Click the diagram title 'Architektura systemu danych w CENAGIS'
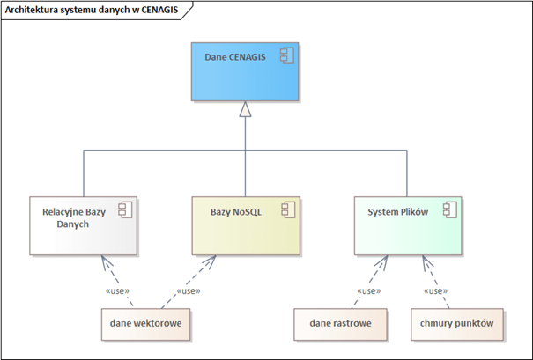point(92,10)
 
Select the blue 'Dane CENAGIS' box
point(245,71)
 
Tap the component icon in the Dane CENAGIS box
point(287,55)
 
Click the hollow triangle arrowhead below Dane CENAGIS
point(245,109)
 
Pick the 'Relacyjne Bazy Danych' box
point(84,225)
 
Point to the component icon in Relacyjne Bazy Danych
point(125,209)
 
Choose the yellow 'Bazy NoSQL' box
point(246,225)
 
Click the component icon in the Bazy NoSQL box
point(288,209)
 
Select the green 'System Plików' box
point(408,225)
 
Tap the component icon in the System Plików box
point(450,209)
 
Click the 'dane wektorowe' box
point(145,324)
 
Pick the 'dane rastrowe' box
point(340,324)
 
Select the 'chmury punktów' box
point(457,324)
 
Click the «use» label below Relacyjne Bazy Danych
point(118,291)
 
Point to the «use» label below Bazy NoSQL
point(189,291)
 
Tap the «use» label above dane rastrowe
point(369,291)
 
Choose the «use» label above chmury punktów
point(436,291)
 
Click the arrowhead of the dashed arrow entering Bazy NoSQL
point(210,261)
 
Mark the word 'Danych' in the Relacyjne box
point(73,224)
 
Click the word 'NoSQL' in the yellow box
point(248,212)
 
